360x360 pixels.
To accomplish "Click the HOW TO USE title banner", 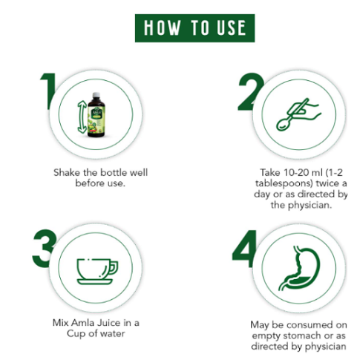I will pyautogui.click(x=194, y=28).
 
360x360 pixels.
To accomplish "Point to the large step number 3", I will pyautogui.click(x=45, y=249).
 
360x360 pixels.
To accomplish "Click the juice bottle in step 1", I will pyautogui.click(x=96, y=112).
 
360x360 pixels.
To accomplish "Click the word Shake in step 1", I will pyautogui.click(x=68, y=172).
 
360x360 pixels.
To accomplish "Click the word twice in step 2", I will pyautogui.click(x=330, y=183).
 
